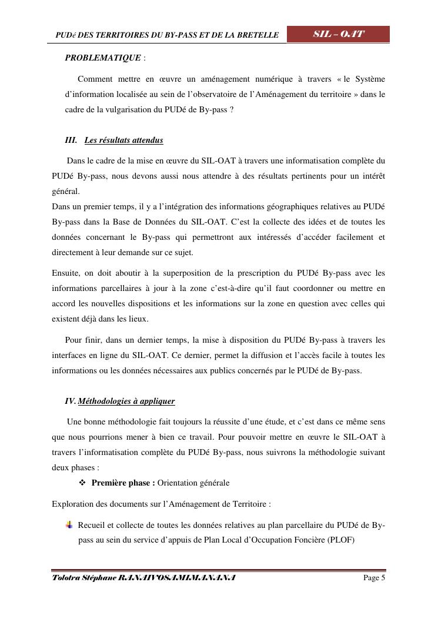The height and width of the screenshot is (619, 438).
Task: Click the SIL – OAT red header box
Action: pos(338,34)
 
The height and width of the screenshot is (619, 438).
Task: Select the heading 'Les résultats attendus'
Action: pos(123,140)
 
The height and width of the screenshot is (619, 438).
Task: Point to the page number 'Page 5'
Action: pos(375,578)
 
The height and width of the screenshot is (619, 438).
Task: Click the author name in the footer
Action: pos(143,578)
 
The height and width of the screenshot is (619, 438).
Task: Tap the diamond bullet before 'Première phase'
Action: pos(83,483)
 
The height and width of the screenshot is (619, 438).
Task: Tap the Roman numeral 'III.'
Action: pos(71,140)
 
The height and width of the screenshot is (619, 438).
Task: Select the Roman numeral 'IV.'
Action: pos(71,401)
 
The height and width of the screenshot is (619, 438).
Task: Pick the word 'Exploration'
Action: pos(73,504)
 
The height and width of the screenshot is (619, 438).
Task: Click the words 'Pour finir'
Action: pos(81,340)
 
